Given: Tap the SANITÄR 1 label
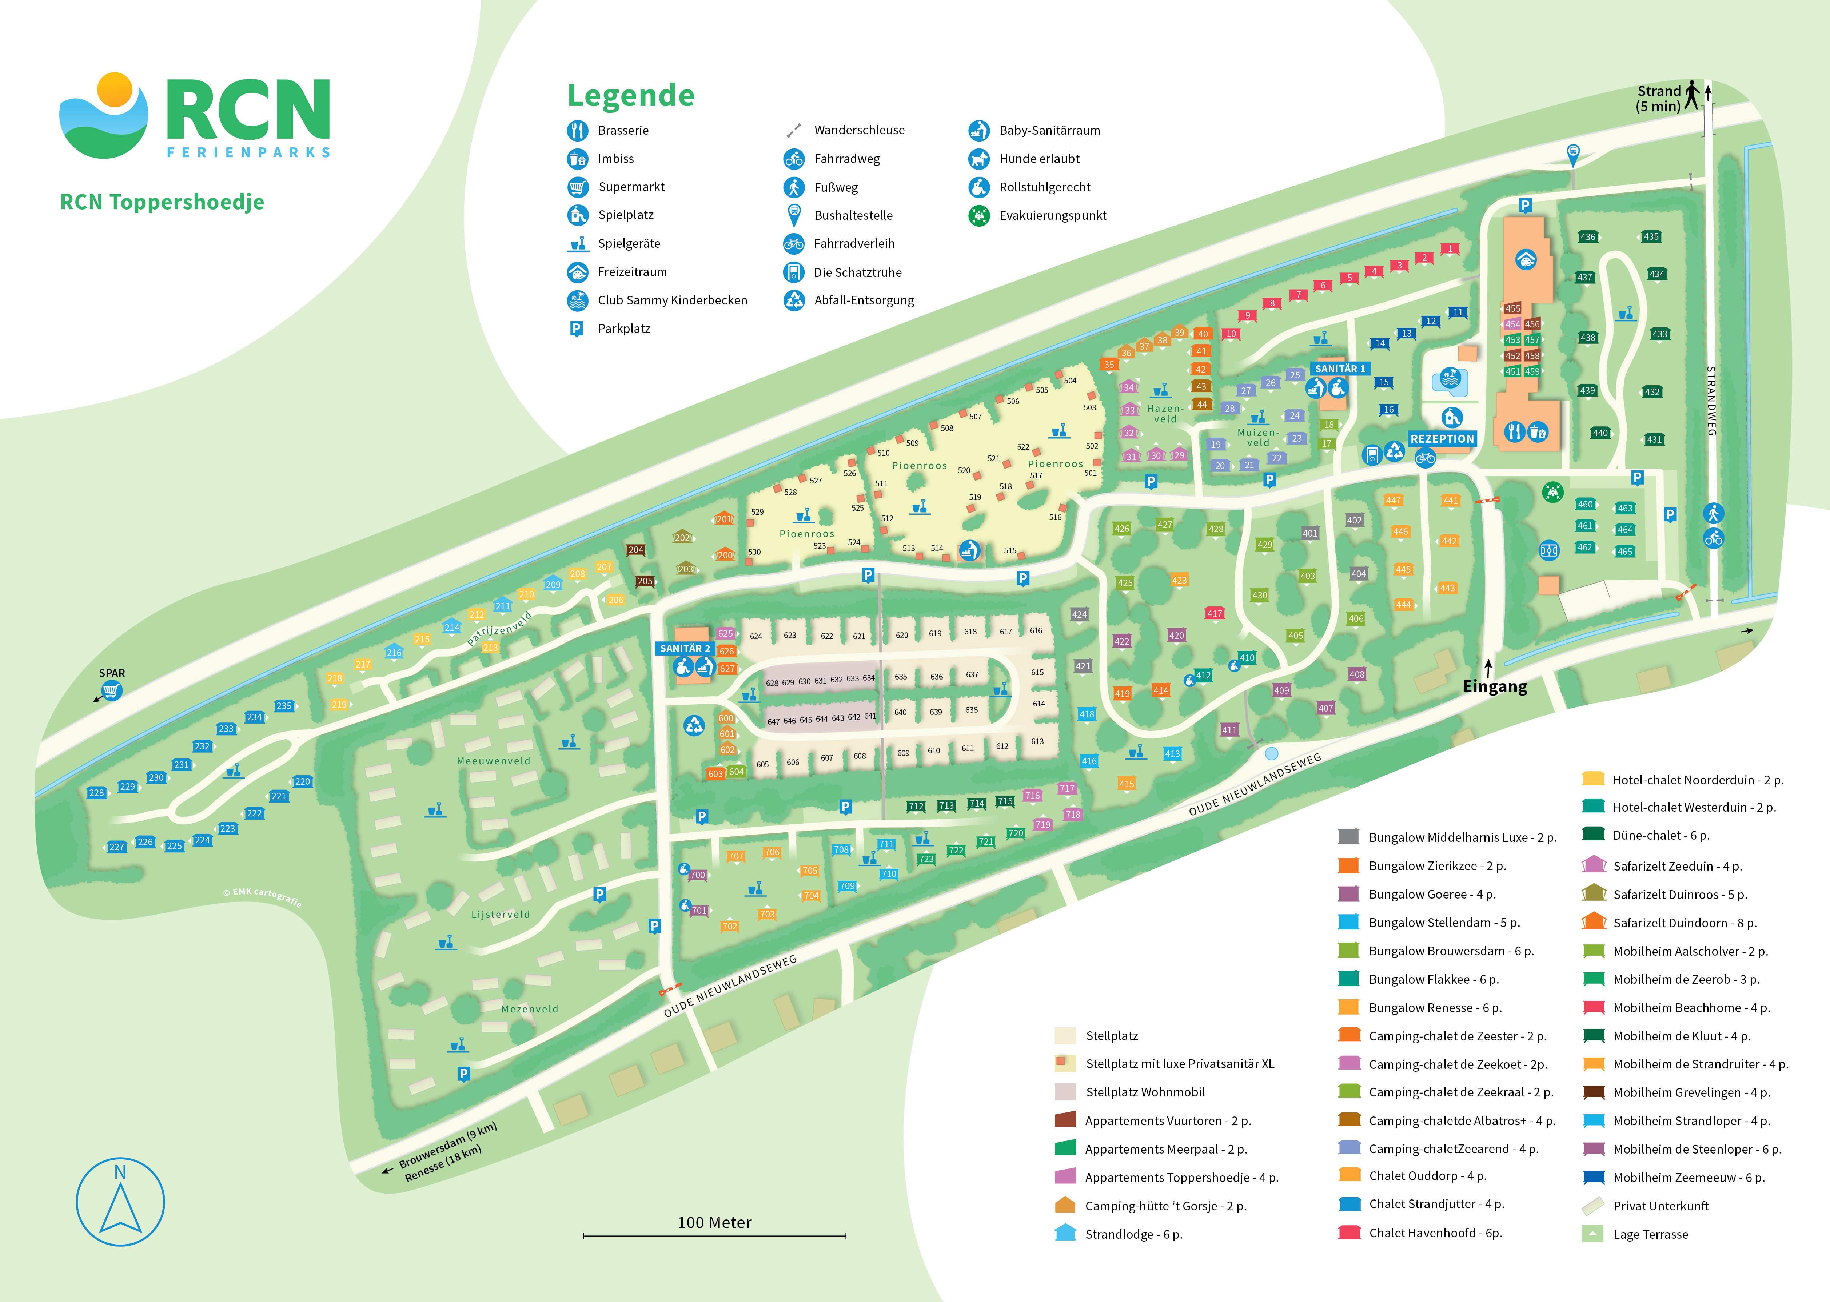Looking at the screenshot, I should [x=1339, y=369].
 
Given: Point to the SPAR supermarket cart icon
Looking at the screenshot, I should [x=111, y=690].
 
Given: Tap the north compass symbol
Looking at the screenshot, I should [x=120, y=1201].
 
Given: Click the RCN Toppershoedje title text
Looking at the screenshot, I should [x=162, y=202].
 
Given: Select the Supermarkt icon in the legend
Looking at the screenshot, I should [x=577, y=187].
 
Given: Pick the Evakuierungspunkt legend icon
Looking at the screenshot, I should [x=979, y=216].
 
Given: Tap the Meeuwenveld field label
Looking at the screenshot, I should [x=493, y=761].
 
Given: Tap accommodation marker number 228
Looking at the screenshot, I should [x=96, y=793].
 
